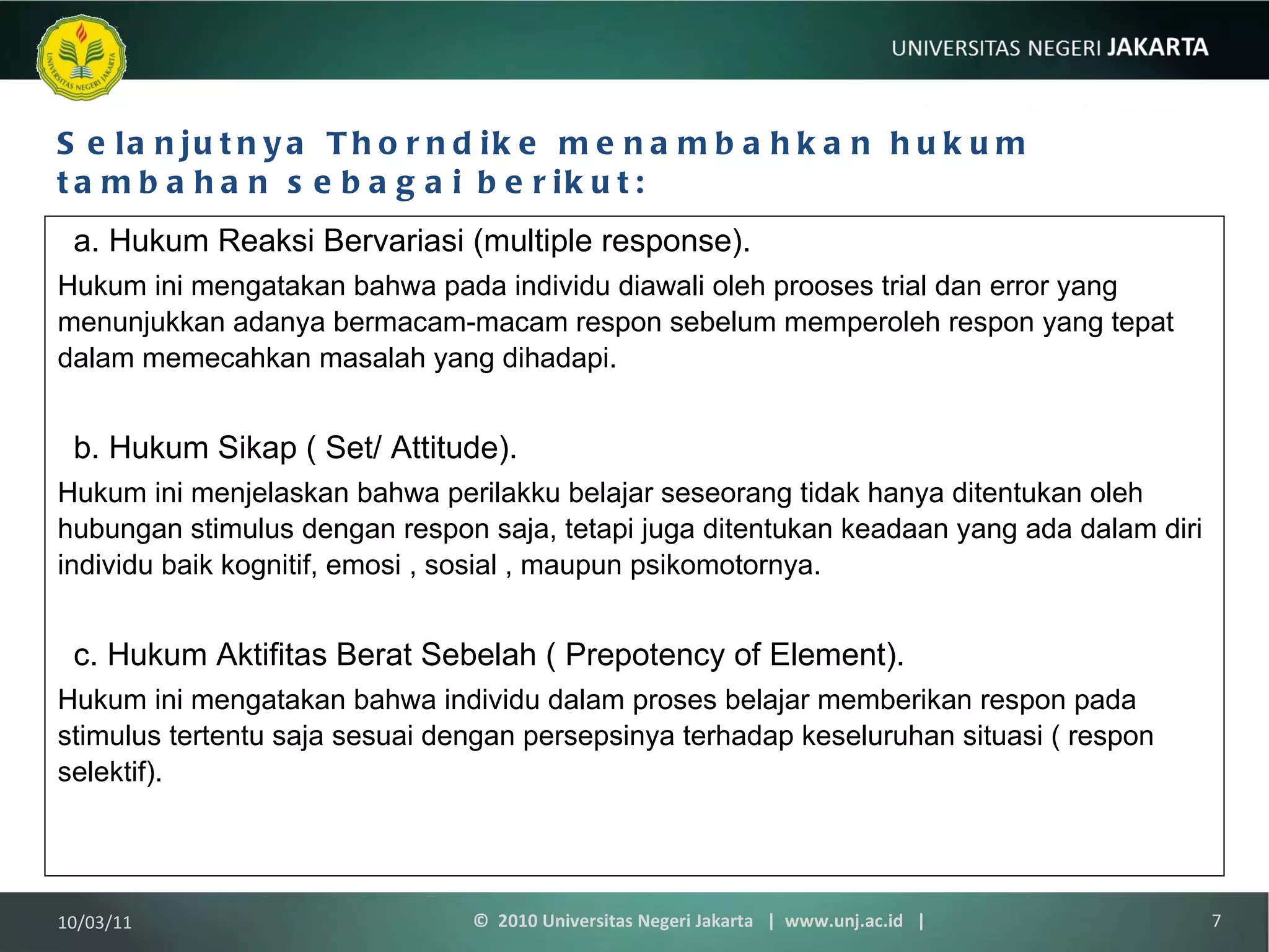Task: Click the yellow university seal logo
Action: tap(81, 58)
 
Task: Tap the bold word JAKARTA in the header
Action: tap(1157, 48)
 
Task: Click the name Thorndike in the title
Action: tap(432, 143)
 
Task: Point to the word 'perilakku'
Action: tap(504, 493)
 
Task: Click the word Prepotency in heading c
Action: tap(644, 654)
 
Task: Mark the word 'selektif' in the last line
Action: tap(105, 772)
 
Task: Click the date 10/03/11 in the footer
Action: tap(95, 922)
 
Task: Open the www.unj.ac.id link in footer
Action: tap(843, 921)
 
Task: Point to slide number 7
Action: tap(1216, 921)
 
